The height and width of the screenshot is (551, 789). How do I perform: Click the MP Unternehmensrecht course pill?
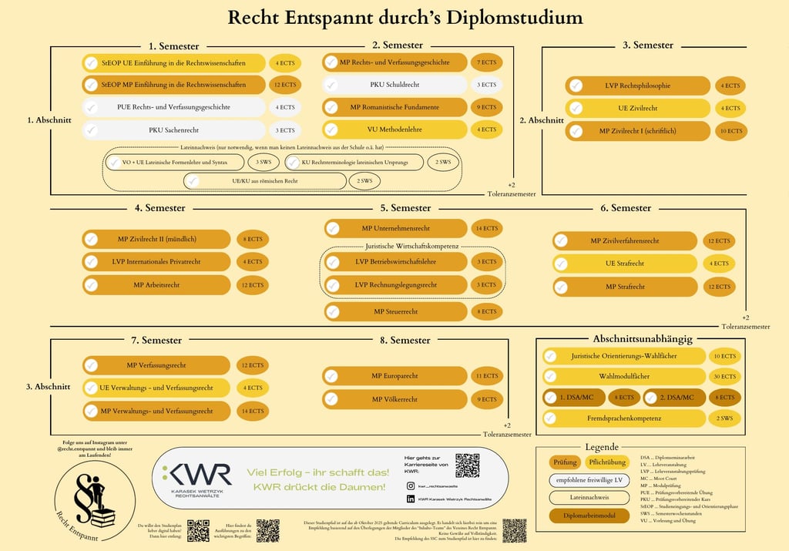coord(395,228)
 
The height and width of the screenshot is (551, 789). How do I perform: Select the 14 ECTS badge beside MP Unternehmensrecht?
coord(487,228)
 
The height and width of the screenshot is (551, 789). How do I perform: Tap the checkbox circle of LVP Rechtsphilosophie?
coord(576,86)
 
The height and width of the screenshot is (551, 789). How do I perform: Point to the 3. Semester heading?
coord(647,45)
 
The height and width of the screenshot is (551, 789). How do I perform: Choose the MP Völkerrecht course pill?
coord(395,399)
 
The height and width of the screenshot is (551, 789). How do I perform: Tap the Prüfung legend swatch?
coord(564,462)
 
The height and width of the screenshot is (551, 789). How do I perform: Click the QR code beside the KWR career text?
coord(467,465)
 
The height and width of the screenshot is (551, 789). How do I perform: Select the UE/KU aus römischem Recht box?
coord(264,181)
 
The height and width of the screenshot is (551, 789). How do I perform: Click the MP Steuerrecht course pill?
coord(395,311)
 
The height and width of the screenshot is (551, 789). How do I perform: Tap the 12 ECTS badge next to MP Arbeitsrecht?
coord(252,285)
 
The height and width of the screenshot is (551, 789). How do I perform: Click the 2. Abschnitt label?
coord(541,120)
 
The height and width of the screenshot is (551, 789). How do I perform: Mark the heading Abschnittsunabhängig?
coord(643,338)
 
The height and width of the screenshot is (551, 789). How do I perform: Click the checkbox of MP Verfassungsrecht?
coord(91,365)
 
